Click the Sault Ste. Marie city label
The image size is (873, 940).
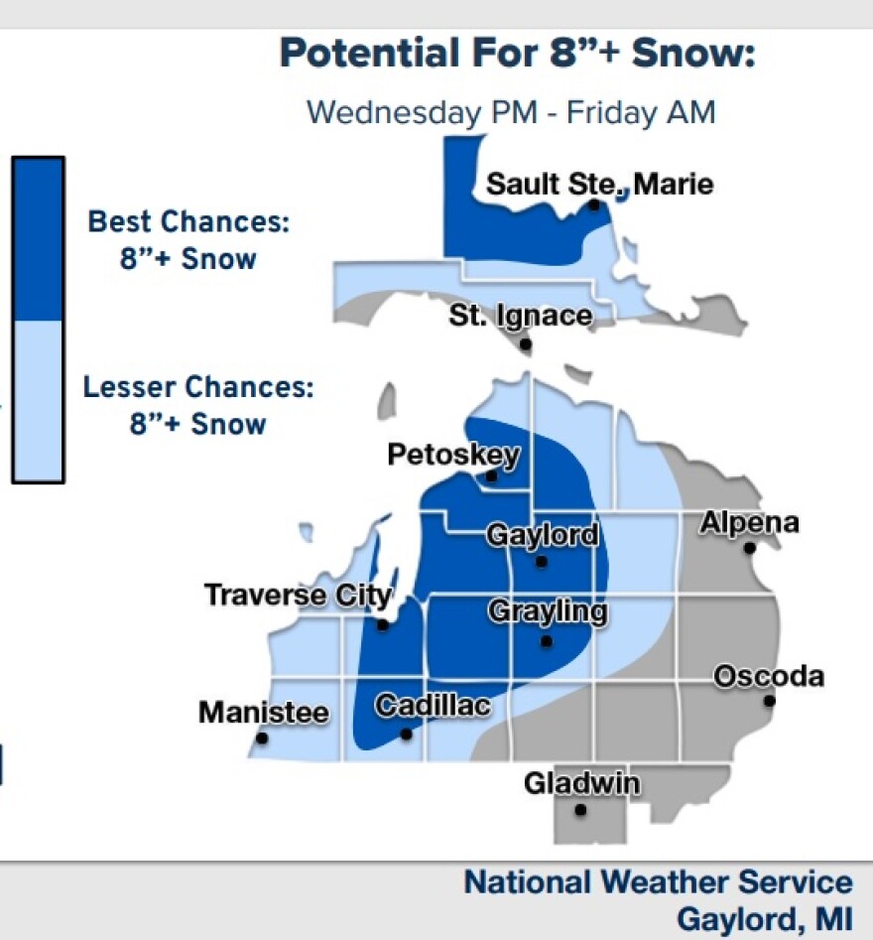point(599,185)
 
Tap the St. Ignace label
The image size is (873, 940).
point(520,317)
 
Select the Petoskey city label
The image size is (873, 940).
point(452,455)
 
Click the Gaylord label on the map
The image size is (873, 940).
point(542,535)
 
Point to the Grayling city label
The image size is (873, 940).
point(547,611)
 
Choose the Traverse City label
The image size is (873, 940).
point(298,595)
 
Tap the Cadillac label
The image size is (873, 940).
point(433,706)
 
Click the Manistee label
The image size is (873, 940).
point(263,712)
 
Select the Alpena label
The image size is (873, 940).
point(749,522)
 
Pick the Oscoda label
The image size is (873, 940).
point(769,676)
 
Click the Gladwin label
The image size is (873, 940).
point(581,783)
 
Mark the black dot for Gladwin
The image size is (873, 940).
point(580,810)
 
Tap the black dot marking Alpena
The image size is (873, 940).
point(750,548)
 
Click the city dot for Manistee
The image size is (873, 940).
point(262,739)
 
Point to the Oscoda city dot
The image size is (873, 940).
point(769,701)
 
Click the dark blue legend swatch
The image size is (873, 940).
point(38,238)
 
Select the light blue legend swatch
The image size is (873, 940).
point(38,400)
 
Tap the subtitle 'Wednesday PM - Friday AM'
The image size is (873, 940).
point(510,111)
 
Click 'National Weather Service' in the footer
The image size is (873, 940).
point(658,882)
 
